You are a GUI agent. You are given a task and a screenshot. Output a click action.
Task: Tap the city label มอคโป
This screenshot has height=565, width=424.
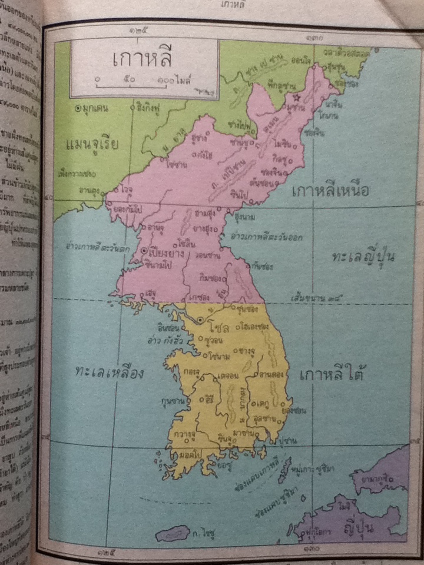point(187,457)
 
